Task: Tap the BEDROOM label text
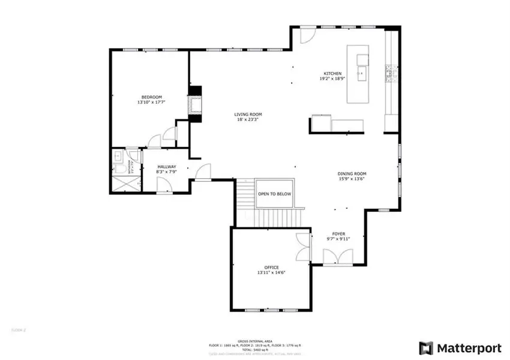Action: (x=151, y=97)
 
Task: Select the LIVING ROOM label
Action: (x=248, y=114)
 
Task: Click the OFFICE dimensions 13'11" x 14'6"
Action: (x=271, y=272)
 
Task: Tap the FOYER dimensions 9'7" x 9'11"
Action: (x=338, y=239)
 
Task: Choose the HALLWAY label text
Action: (x=167, y=167)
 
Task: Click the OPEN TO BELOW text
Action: (x=274, y=194)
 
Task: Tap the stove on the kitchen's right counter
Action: (x=390, y=73)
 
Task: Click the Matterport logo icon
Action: (x=426, y=348)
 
